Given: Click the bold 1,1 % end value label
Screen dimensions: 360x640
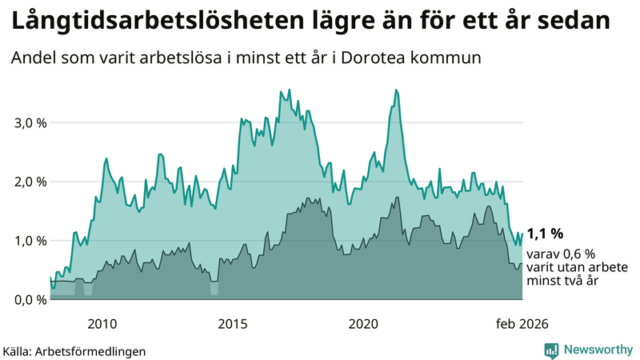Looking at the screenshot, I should [545, 234].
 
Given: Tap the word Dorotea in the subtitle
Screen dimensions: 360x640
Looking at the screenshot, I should [396, 58].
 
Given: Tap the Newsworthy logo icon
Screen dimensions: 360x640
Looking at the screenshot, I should [551, 350].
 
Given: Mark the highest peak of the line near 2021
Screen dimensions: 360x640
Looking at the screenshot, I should [396, 90].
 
